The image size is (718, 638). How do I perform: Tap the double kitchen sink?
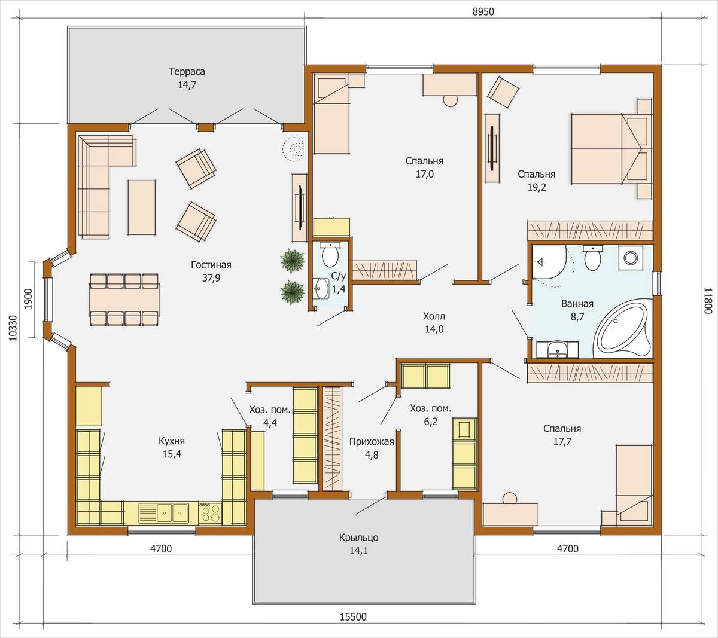163,512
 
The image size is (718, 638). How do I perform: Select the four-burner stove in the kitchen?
210,513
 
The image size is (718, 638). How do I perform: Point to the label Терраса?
187,72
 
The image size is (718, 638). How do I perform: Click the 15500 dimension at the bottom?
353,616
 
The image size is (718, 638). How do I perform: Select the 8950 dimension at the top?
483,12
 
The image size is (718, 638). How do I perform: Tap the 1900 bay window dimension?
28,298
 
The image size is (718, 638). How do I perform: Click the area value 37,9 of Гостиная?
211,278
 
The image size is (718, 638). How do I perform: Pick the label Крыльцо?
358,538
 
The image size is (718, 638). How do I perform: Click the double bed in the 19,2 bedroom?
611,149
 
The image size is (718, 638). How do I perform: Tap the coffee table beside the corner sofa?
141,207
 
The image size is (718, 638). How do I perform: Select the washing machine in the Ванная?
631,258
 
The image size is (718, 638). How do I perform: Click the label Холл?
434,316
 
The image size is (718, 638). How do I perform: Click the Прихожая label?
372,442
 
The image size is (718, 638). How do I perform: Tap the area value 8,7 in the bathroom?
577,317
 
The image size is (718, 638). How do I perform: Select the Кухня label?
172,441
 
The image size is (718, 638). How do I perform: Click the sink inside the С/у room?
321,288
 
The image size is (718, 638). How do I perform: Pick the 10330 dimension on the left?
13,328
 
